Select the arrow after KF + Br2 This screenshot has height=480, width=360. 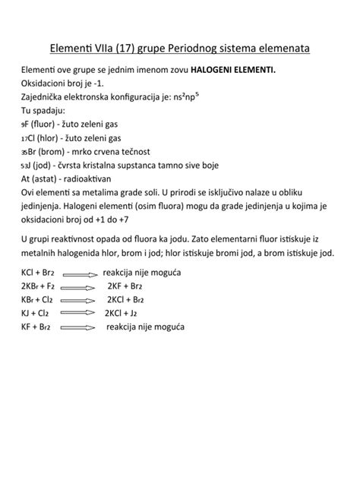80,328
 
